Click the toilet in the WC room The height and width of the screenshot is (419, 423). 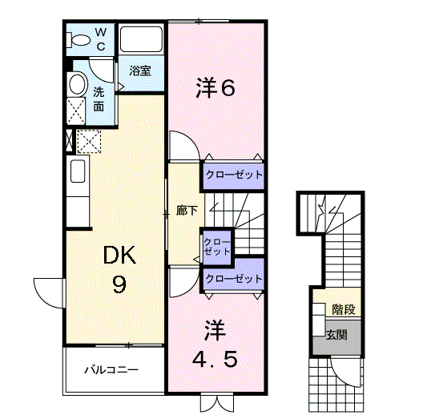click(x=80, y=38)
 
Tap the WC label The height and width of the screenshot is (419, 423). click(x=101, y=38)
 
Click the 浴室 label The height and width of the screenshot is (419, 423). click(x=140, y=71)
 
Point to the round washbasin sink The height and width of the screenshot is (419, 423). click(x=77, y=83)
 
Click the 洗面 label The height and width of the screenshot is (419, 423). click(x=99, y=98)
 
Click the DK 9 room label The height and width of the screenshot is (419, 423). click(x=119, y=269)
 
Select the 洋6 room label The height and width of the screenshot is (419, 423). click(x=216, y=88)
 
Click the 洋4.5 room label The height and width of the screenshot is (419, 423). click(x=216, y=344)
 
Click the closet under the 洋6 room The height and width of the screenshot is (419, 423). click(x=232, y=175)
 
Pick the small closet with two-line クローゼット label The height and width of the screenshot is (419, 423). click(x=216, y=246)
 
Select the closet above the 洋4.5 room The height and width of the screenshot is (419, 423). click(x=233, y=279)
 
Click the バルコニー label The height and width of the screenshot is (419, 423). click(x=112, y=371)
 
